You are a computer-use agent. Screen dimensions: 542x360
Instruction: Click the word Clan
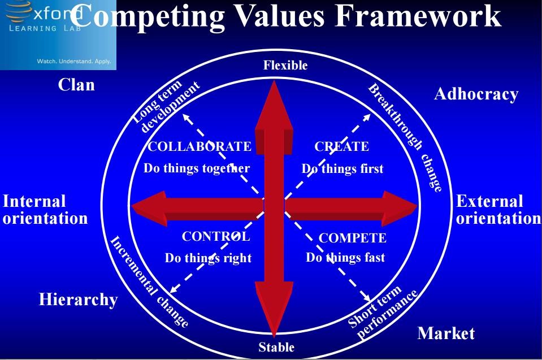tap(76, 85)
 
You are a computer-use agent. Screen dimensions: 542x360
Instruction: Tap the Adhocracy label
tap(476, 94)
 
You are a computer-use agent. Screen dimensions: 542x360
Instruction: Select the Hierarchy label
tap(78, 300)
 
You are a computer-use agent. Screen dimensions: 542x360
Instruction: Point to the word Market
tap(446, 333)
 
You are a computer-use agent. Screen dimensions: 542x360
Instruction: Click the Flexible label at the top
tap(285, 65)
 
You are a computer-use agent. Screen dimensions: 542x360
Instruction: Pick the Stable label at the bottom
tap(276, 347)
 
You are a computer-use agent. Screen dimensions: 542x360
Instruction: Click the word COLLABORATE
tap(200, 146)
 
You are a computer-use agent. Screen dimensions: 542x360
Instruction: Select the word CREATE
tap(341, 146)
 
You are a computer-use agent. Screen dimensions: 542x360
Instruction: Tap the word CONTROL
tap(216, 236)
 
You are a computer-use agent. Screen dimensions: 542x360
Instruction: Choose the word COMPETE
tap(352, 238)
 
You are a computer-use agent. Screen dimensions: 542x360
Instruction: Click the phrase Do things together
tap(196, 168)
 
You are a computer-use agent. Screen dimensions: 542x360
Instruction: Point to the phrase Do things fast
tap(345, 257)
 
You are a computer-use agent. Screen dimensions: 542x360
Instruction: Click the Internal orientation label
tap(45, 210)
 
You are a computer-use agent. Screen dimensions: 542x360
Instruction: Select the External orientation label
tap(498, 210)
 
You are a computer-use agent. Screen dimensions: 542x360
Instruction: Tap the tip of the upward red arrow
tap(274, 81)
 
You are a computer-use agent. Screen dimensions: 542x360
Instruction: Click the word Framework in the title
tap(418, 16)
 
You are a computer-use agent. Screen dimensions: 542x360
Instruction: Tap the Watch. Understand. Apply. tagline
tap(74, 61)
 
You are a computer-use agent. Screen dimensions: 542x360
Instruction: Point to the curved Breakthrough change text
tap(405, 137)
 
